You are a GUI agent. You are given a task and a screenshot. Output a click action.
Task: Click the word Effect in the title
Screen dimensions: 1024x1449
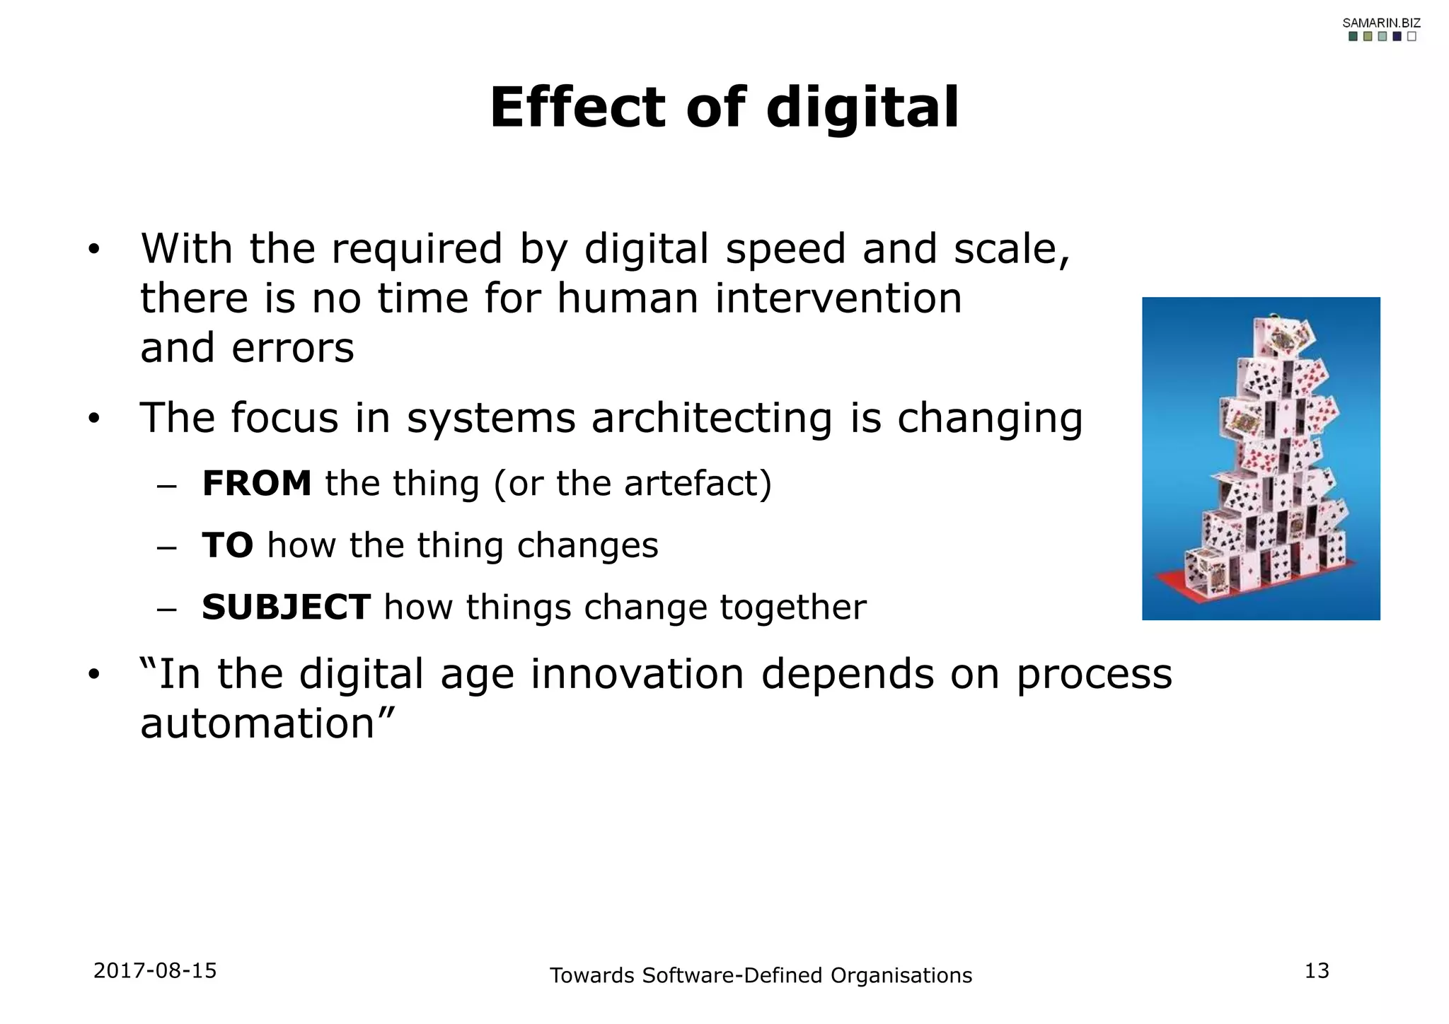(577, 108)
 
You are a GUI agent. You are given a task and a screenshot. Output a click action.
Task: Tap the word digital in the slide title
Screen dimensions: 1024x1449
(862, 108)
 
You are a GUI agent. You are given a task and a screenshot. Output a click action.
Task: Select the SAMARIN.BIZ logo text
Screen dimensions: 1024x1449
(1381, 23)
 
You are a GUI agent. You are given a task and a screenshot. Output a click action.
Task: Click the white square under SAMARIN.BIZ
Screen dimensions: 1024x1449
(1412, 37)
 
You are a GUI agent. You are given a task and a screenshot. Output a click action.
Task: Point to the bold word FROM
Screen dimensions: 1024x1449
(257, 484)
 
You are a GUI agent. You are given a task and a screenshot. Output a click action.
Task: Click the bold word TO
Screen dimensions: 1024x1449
(227, 545)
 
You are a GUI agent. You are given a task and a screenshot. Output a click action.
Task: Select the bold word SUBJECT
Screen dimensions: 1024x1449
(286, 607)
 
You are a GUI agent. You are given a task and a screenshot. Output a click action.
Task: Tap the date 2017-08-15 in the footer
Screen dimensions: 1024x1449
(155, 970)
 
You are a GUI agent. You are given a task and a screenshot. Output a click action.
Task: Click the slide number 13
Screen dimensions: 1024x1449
(1317, 971)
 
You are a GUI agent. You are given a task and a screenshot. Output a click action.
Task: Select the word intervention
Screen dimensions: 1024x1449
(838, 298)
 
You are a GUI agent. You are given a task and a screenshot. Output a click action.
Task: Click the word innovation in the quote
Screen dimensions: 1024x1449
(637, 674)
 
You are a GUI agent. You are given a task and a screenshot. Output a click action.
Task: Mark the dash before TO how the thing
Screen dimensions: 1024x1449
(166, 548)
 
